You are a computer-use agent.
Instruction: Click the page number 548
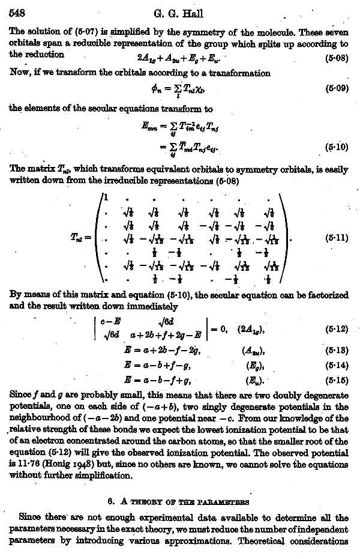[x=14, y=13]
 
